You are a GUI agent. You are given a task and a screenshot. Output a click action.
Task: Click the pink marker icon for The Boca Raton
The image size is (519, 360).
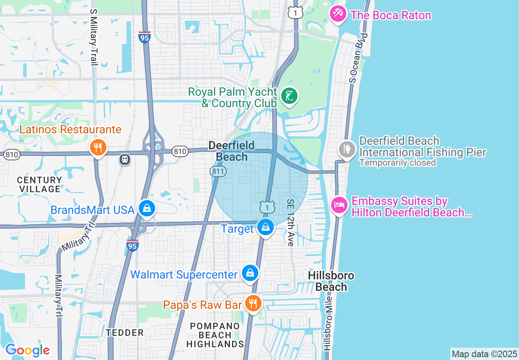click(x=338, y=14)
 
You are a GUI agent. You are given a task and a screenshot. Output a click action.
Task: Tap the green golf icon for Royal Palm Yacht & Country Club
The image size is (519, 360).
click(x=289, y=97)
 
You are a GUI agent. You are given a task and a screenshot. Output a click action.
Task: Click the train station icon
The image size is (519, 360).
click(x=125, y=159)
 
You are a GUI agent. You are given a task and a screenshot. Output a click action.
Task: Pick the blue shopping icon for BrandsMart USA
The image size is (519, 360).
click(x=146, y=209)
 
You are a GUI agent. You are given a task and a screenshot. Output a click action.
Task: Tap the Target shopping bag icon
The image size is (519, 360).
click(x=266, y=226)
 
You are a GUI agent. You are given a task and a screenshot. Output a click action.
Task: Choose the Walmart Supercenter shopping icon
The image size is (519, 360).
click(x=250, y=273)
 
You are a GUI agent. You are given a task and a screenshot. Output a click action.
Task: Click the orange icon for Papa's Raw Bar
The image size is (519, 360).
click(x=253, y=304)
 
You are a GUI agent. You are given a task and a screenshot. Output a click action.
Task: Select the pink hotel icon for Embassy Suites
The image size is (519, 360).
click(x=338, y=205)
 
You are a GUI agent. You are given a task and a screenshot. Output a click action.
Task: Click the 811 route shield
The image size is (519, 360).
click(x=219, y=172)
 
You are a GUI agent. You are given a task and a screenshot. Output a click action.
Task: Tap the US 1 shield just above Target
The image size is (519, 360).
click(x=266, y=207)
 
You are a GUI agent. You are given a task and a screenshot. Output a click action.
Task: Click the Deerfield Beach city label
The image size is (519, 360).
click(x=232, y=151)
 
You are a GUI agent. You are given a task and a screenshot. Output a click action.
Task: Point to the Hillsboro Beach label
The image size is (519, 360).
click(x=331, y=281)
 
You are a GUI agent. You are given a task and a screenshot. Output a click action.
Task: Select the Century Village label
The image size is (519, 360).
click(x=40, y=184)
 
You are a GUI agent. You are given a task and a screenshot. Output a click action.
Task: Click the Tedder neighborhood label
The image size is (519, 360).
click(x=125, y=333)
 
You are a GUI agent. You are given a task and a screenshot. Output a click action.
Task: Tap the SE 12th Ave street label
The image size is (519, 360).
click(x=291, y=223)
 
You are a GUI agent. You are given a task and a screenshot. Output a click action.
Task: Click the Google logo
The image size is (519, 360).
click(x=27, y=351)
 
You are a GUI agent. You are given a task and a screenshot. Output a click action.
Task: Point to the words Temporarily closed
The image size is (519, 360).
click(x=397, y=163)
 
